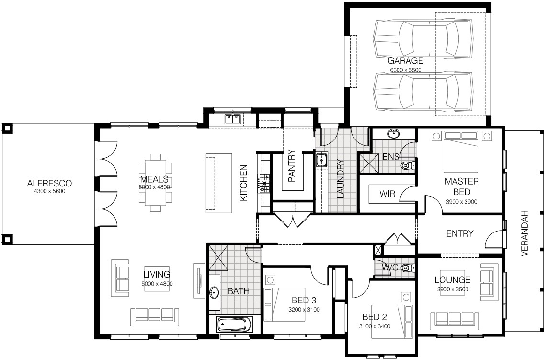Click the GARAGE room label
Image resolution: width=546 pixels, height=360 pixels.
coord(405,60)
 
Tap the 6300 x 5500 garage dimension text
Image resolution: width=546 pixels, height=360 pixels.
coord(406,70)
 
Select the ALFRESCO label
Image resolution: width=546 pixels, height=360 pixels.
coord(49,183)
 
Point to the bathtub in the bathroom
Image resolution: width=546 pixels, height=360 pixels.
coord(234,325)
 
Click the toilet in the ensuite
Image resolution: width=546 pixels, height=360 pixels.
coord(408,165)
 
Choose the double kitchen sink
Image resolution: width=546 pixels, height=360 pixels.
coord(232,119)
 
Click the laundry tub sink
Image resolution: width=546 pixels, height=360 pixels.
coord(321,160)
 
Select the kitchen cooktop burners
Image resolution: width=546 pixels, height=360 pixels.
coord(263,183)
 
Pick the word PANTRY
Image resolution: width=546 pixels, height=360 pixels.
coord(292,166)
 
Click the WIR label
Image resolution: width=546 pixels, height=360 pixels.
coord(387,194)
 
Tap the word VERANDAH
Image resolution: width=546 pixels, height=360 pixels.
coord(525,233)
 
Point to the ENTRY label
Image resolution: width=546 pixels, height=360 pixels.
coord(460,233)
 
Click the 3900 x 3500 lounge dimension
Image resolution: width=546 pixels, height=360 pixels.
coord(453,289)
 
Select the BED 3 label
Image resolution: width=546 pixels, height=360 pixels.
coord(304,300)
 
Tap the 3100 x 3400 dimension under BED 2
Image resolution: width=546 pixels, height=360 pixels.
coord(375,326)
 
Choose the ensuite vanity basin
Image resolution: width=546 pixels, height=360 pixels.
coord(394,133)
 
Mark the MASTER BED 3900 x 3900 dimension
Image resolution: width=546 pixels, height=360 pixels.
coord(461,202)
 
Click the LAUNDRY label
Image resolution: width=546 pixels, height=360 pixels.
coord(341,179)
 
